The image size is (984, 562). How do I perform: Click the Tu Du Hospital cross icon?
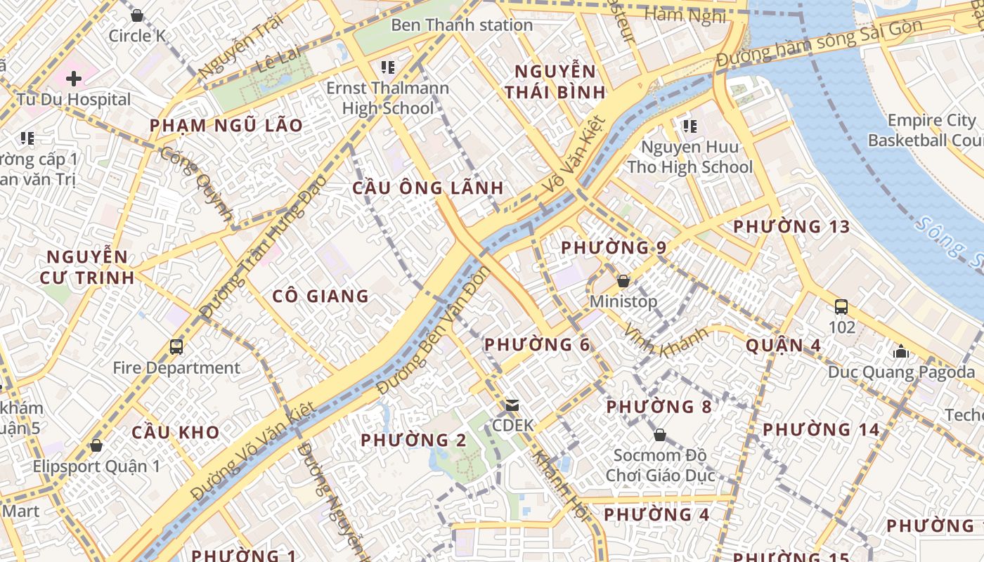73,78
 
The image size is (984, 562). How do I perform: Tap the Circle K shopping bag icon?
137,15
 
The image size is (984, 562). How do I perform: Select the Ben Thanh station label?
461,25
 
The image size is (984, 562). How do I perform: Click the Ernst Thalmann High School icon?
387,67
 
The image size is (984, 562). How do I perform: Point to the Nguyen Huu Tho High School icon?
690,126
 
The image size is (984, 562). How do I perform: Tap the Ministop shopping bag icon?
623,281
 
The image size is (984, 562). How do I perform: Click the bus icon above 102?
841,306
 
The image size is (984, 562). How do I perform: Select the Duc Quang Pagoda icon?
901,351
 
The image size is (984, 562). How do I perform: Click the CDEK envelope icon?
512,405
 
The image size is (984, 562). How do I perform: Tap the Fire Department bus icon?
176,346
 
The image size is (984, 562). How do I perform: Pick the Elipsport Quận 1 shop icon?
96,445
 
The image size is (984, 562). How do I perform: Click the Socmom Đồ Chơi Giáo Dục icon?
659,435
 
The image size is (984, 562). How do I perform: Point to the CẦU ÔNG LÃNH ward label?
427,188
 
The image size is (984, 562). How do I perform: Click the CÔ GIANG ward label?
321,296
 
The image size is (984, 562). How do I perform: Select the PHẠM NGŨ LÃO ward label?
226,126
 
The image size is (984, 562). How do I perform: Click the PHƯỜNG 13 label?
791,227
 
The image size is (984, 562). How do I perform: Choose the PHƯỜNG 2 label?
413,440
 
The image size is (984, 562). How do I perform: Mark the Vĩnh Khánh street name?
665,341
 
